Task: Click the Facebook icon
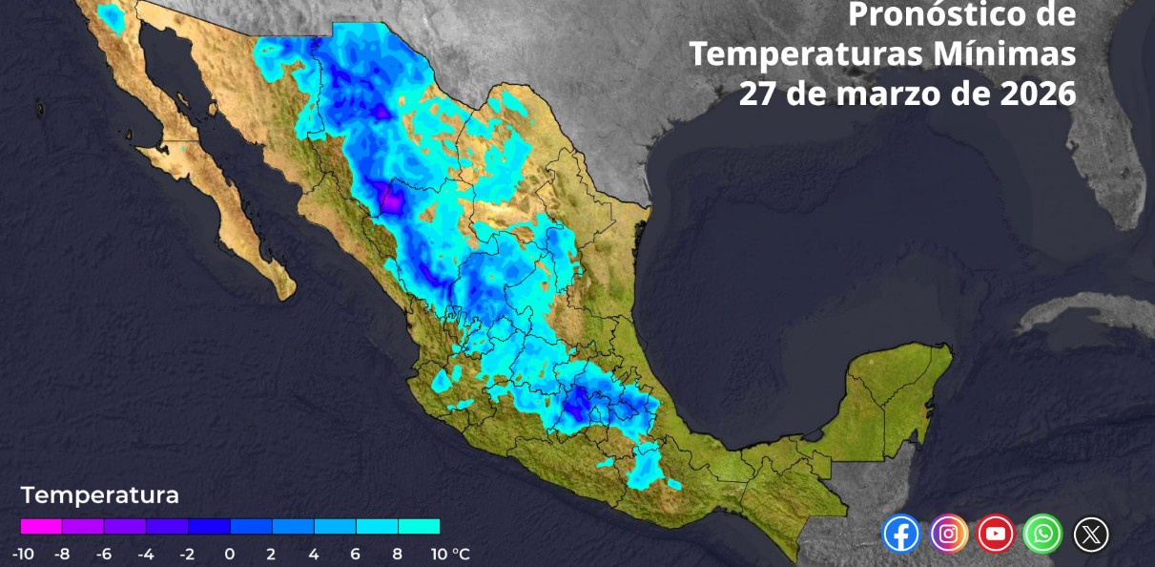(x=901, y=534)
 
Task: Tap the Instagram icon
(x=949, y=534)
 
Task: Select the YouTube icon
(x=996, y=534)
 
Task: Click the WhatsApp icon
(x=1043, y=534)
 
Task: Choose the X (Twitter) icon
(x=1091, y=534)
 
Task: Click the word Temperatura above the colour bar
(x=99, y=496)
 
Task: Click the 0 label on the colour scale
(x=230, y=554)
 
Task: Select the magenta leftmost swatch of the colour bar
(x=41, y=526)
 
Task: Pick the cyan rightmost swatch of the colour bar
(x=419, y=526)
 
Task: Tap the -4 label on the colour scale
(x=146, y=554)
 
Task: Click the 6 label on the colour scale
(x=356, y=554)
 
